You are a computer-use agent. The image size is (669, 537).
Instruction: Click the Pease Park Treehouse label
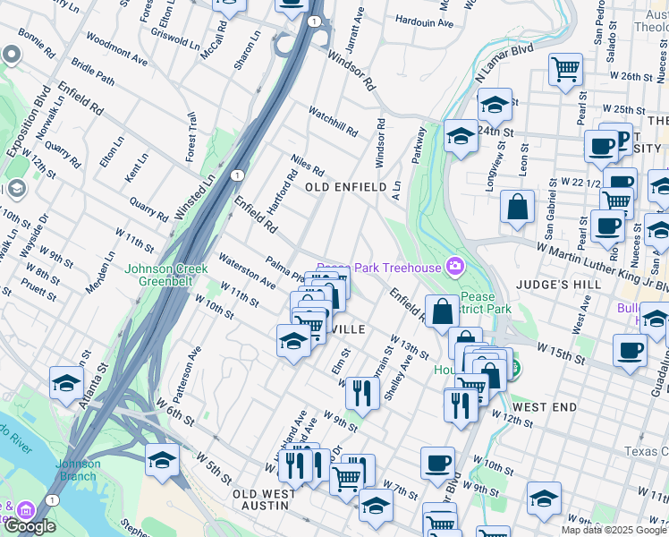(379, 268)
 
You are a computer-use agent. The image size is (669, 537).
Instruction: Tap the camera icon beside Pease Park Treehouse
(455, 267)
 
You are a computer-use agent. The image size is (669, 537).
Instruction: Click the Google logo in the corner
(30, 526)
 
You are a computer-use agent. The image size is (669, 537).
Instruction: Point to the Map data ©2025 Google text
(614, 530)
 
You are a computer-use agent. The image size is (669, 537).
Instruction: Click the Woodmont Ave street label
(117, 52)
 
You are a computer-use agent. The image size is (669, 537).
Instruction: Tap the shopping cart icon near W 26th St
(566, 68)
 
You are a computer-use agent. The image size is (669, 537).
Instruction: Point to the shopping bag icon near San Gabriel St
(517, 207)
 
